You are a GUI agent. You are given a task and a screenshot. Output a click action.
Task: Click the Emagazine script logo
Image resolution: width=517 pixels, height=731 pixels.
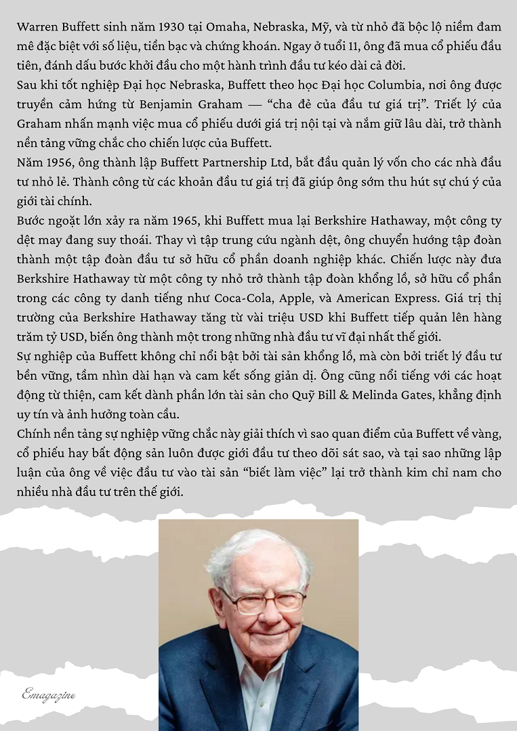(x=49, y=694)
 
